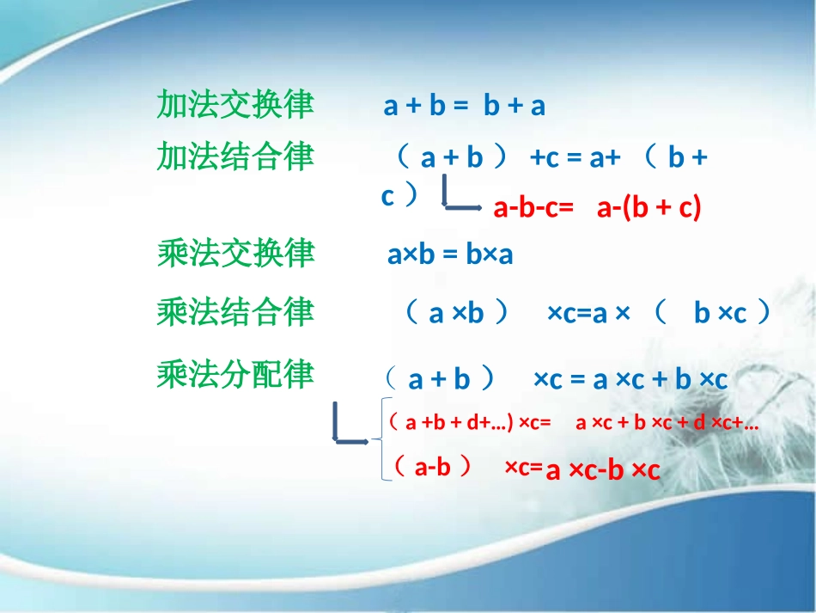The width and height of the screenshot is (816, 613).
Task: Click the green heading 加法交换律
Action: (235, 105)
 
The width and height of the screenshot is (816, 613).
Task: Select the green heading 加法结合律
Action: (235, 157)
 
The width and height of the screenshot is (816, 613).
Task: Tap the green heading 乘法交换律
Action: (235, 254)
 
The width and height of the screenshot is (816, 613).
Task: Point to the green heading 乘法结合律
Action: (235, 312)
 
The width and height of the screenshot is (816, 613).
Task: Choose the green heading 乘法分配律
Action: (235, 375)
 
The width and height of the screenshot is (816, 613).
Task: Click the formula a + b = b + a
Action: (465, 106)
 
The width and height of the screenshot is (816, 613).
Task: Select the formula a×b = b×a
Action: (450, 255)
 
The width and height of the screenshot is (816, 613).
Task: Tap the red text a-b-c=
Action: (533, 208)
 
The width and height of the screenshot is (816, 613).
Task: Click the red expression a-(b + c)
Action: (649, 208)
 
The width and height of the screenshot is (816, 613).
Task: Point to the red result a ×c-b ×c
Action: (603, 470)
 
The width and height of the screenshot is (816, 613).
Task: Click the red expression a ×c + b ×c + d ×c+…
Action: (667, 423)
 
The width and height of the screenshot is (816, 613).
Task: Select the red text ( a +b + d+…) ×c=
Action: (469, 423)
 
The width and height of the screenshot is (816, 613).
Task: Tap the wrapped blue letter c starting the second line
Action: (388, 196)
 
